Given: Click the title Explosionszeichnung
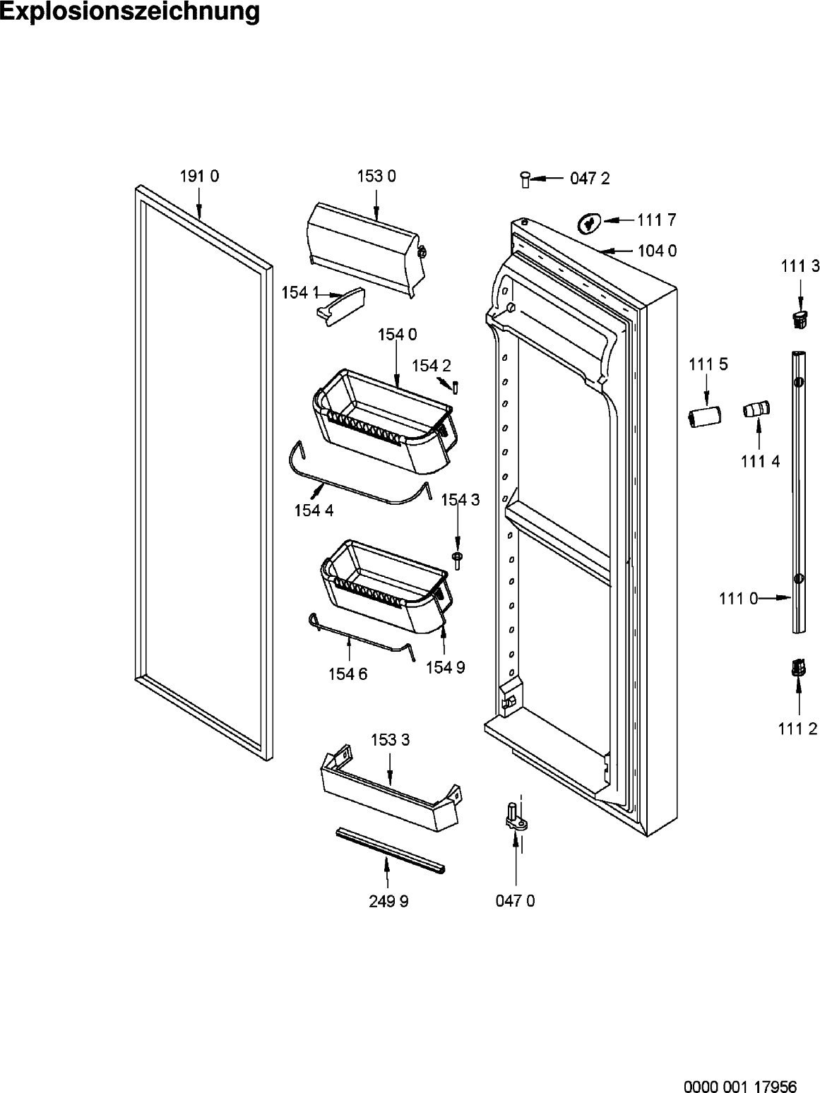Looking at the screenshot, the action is coord(129,11).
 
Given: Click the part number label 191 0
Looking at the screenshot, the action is coord(199,177).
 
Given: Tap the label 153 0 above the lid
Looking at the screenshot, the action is coord(376,177).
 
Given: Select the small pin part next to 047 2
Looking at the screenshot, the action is coord(525,179).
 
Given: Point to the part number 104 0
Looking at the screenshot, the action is coord(657,251).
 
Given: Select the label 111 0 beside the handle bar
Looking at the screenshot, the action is coord(738,599).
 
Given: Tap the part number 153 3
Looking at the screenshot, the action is coord(391,741).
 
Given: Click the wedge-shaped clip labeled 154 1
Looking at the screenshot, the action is coord(341,306).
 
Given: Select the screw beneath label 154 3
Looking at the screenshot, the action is coord(457,560).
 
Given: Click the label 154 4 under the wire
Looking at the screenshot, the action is coord(314,510).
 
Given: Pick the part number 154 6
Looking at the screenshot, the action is coord(347,674).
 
